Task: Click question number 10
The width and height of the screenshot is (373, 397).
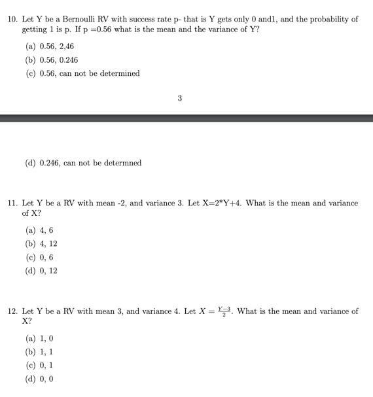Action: coord(12,20)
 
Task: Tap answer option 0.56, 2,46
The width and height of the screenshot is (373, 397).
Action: coord(54,46)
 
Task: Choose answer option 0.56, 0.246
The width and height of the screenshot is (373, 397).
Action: coord(56,60)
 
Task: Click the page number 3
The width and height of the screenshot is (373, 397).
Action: coord(179,98)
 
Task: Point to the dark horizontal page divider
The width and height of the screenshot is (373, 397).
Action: coord(186,118)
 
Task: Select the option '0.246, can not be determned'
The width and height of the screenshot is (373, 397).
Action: coord(83,163)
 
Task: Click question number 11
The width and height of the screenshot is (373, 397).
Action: coord(12,203)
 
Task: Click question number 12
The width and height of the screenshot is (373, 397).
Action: coord(12,311)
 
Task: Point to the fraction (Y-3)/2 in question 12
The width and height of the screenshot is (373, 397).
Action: coord(224,311)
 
